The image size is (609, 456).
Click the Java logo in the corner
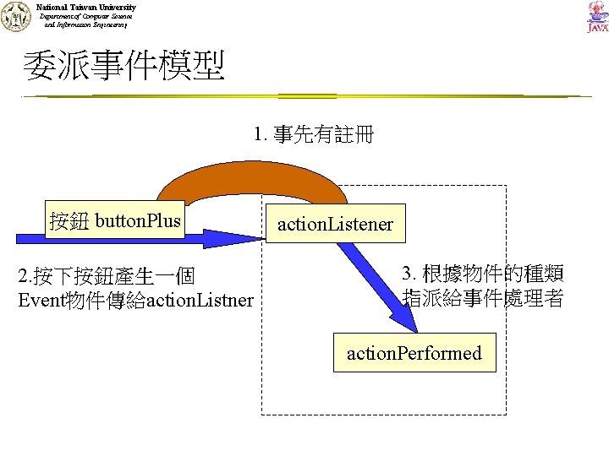pos(596,18)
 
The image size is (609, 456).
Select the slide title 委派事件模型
pos(124,67)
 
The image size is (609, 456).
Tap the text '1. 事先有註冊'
pos(313,135)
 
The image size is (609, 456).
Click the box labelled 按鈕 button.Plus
pos(116,221)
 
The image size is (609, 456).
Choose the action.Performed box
pos(414,353)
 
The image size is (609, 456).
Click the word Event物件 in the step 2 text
pos(49,299)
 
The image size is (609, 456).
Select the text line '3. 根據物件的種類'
pos(482,274)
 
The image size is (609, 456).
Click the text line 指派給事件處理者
pos(482,298)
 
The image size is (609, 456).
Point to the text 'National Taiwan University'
pos(86,7)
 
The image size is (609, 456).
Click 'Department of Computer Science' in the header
pos(86,16)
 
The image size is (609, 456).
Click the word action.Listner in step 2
pos(200,299)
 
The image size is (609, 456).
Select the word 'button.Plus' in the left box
pos(139,221)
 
